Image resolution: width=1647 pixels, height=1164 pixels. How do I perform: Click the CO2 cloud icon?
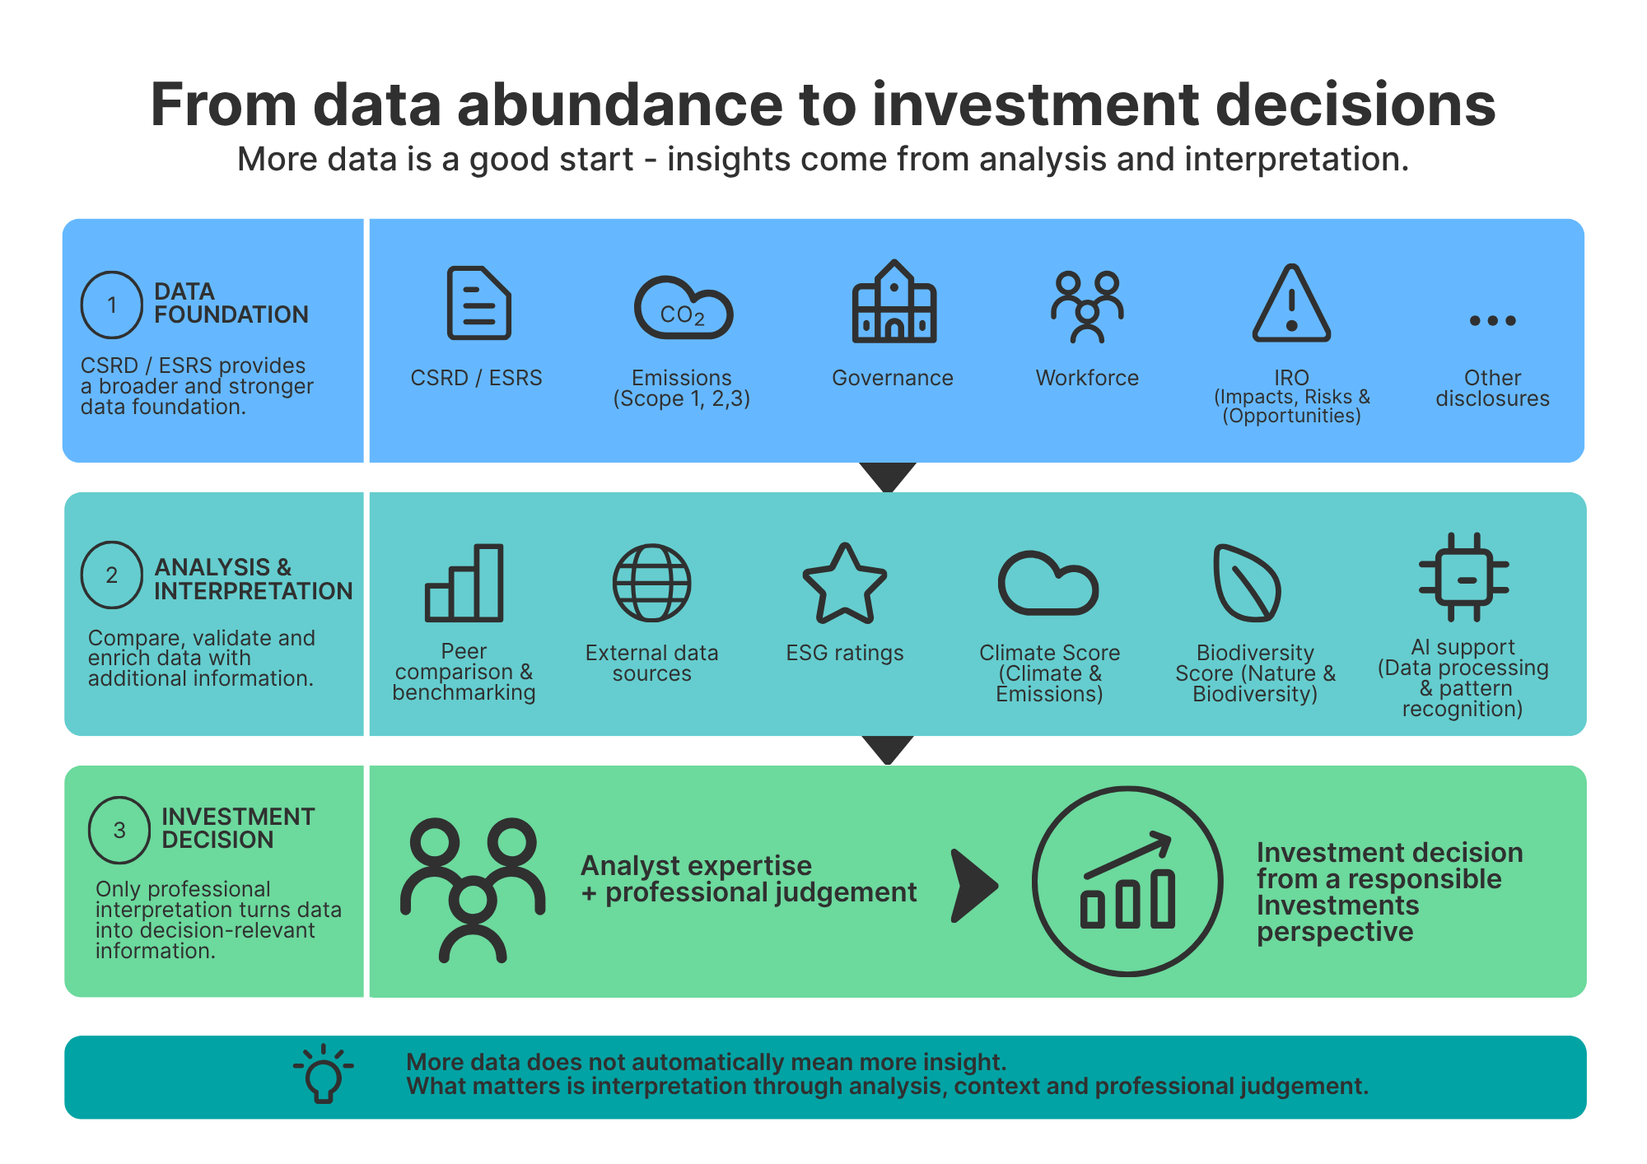(x=683, y=308)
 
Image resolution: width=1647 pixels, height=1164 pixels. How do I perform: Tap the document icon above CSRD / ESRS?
(x=478, y=303)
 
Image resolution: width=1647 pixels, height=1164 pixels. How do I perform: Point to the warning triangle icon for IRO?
(x=1291, y=303)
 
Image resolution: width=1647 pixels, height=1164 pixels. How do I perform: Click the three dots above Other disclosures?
(x=1493, y=320)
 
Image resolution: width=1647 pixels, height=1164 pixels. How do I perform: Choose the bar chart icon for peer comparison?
(x=464, y=582)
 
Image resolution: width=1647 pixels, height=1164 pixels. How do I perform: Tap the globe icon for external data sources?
(x=652, y=582)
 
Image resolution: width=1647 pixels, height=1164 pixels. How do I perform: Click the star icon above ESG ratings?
(x=845, y=583)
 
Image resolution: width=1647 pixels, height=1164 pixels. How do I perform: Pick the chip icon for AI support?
(x=1464, y=577)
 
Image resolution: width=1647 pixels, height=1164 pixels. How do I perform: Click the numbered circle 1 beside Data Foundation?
(x=112, y=305)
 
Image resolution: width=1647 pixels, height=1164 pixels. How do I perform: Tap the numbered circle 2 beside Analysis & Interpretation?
(x=112, y=575)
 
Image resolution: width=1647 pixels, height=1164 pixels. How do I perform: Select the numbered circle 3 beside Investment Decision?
(x=119, y=830)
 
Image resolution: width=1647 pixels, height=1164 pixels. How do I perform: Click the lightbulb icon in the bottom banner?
(x=324, y=1073)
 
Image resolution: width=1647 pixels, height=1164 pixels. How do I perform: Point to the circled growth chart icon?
(x=1128, y=882)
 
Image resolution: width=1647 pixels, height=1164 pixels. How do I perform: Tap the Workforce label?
(x=1087, y=378)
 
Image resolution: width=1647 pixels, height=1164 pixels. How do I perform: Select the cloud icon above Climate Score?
(x=1048, y=583)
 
